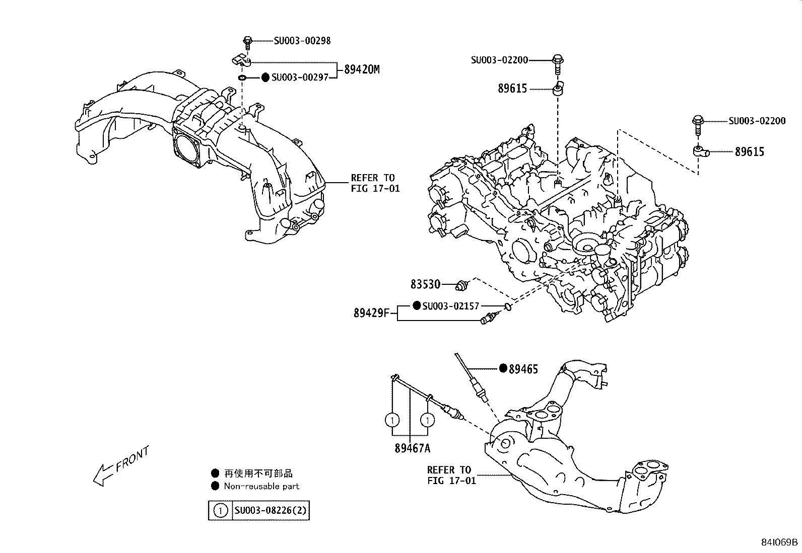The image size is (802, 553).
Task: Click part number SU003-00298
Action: point(302,41)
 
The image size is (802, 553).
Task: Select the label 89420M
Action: point(362,69)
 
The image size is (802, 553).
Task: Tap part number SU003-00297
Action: point(300,77)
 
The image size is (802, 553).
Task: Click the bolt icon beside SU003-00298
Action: point(247,42)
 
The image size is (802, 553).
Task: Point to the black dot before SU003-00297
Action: point(265,77)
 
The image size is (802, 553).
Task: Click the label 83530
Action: point(425,285)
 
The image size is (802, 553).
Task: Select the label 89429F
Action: point(371,313)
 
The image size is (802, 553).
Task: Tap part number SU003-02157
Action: point(450,306)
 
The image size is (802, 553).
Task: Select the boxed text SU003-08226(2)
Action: point(271,511)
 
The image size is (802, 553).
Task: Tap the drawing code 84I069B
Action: point(779,542)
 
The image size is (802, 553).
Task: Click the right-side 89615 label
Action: point(749,151)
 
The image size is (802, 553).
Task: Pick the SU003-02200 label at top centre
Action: point(499,60)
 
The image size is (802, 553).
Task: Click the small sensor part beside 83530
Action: point(462,285)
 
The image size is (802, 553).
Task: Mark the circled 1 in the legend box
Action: point(221,511)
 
